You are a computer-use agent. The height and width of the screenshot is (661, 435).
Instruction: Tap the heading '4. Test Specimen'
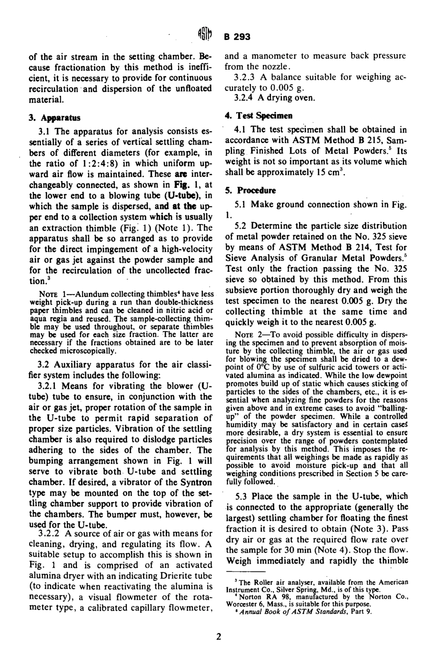pos(259,116)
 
